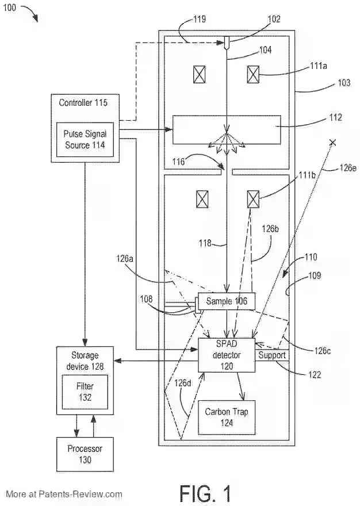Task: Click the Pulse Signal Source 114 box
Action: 85,139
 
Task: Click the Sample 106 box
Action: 226,302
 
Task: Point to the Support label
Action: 272,355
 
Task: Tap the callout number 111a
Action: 319,66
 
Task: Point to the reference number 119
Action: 199,19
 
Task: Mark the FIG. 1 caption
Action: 205,493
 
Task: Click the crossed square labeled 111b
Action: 253,199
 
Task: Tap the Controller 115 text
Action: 83,103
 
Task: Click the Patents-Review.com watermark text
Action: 64,493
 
